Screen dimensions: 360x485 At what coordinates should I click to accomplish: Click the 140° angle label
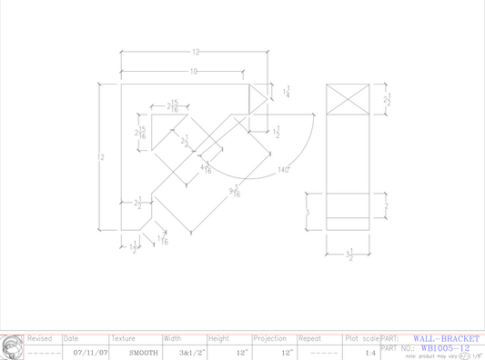pos(284,170)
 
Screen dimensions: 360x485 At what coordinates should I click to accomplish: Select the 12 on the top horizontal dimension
pos(195,53)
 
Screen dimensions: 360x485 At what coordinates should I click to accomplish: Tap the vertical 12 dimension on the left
pos(100,158)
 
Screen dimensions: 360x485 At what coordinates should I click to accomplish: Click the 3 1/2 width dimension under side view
pos(349,257)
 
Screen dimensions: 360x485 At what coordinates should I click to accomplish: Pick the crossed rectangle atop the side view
pos(349,98)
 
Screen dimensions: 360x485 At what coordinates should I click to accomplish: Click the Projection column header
pos(269,338)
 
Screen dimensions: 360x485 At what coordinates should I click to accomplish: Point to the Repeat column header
pos(311,338)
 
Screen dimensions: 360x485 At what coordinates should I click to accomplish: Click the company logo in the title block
pos(12,346)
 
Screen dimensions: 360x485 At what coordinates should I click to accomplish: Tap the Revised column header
pos(40,338)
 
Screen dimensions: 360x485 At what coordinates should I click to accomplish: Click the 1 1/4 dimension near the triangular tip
pos(288,92)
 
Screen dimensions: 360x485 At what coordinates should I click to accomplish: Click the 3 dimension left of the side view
pos(308,212)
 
